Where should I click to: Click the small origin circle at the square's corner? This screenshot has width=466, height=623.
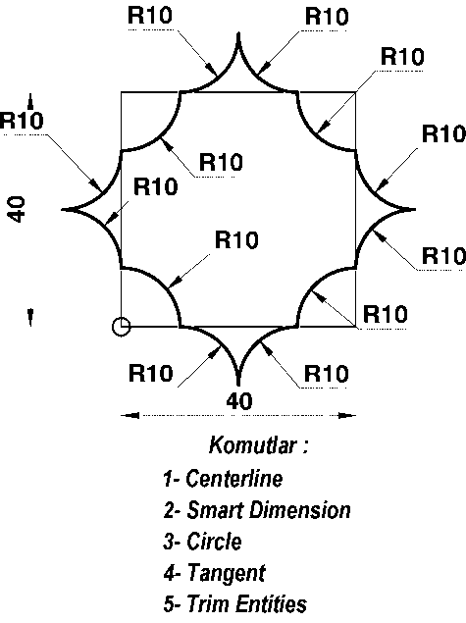(x=122, y=327)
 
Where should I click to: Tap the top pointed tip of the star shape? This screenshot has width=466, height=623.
(x=238, y=33)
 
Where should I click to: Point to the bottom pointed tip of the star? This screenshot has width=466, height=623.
(x=238, y=385)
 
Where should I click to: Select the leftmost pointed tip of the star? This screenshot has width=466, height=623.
(x=63, y=209)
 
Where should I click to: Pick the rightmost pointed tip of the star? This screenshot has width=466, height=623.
(x=414, y=209)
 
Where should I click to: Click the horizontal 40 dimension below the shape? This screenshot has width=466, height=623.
(x=239, y=401)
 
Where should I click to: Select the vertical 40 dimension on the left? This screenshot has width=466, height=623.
(x=17, y=209)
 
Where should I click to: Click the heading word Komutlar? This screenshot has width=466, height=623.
(x=253, y=445)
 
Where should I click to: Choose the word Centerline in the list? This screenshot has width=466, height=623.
(x=234, y=479)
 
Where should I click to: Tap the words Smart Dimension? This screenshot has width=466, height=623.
(x=269, y=510)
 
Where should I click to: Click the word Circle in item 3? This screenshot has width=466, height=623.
(x=214, y=542)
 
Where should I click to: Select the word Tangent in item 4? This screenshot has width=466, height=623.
(x=226, y=573)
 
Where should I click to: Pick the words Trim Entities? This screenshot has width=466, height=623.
(x=246, y=604)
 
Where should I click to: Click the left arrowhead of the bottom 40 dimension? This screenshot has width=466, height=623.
(x=129, y=416)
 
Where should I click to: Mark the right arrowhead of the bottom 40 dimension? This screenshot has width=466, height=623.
(x=347, y=416)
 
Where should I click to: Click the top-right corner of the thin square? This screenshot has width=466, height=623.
(x=355, y=92)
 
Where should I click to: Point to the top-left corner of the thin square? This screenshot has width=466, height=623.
(x=122, y=92)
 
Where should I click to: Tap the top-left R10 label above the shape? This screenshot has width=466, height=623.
(x=150, y=16)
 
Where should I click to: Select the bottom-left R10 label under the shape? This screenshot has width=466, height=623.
(x=151, y=374)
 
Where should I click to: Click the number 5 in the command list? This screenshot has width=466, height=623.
(x=169, y=604)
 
